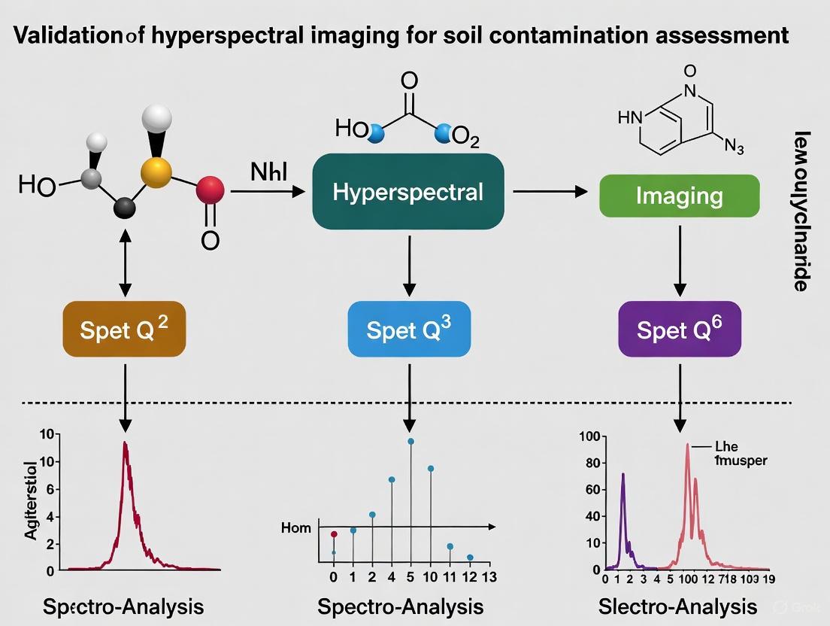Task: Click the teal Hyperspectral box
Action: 407,191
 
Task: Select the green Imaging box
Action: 679,196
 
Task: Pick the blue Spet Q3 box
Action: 409,329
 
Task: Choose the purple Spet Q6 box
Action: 680,329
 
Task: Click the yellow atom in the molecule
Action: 156,171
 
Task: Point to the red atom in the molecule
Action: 210,191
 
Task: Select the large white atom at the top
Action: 156,119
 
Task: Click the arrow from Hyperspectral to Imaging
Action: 550,192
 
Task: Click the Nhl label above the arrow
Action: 269,171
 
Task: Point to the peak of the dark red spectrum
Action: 125,443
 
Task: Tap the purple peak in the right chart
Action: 622,475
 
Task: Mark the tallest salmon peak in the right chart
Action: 687,445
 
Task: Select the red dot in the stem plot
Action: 334,534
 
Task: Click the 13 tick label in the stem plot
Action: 489,578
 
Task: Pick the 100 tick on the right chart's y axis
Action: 589,437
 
